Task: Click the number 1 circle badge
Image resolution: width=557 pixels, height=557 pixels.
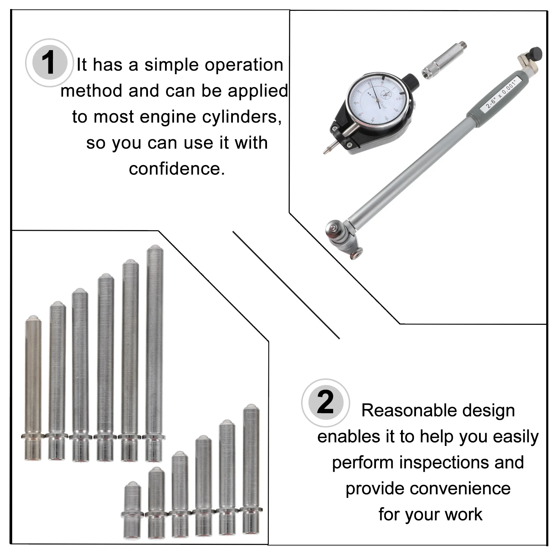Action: point(49,63)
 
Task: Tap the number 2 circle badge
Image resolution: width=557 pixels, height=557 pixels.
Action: point(325,403)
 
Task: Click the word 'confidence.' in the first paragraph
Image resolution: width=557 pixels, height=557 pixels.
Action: point(177,169)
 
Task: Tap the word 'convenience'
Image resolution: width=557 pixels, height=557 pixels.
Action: point(428,489)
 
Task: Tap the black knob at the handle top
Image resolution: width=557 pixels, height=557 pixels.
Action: point(535,54)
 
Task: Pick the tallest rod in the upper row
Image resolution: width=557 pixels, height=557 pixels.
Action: point(154,352)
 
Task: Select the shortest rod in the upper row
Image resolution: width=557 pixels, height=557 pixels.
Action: point(33,386)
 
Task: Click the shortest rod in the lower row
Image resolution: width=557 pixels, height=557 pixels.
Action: point(132,510)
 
